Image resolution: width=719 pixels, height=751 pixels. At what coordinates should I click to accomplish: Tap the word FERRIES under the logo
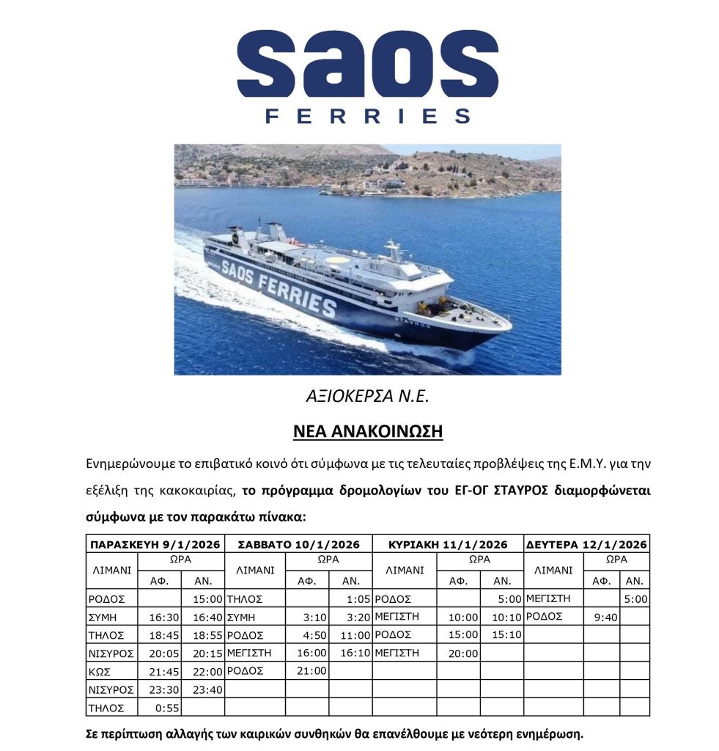(x=367, y=117)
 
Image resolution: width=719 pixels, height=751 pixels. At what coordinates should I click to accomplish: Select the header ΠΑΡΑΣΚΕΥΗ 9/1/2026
(x=155, y=544)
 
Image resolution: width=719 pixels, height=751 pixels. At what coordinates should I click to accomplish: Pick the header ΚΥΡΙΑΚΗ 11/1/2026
(x=447, y=544)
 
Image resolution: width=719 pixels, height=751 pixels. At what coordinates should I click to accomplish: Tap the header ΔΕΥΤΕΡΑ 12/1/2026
(x=586, y=544)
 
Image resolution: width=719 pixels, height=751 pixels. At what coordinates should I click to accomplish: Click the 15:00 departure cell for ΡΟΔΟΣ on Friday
(x=202, y=599)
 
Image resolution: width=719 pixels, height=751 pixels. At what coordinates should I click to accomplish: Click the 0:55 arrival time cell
(x=159, y=708)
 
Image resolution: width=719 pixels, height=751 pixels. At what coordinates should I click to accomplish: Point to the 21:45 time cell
(x=159, y=672)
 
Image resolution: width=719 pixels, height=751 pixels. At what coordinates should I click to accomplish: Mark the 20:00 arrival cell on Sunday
(x=458, y=653)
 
